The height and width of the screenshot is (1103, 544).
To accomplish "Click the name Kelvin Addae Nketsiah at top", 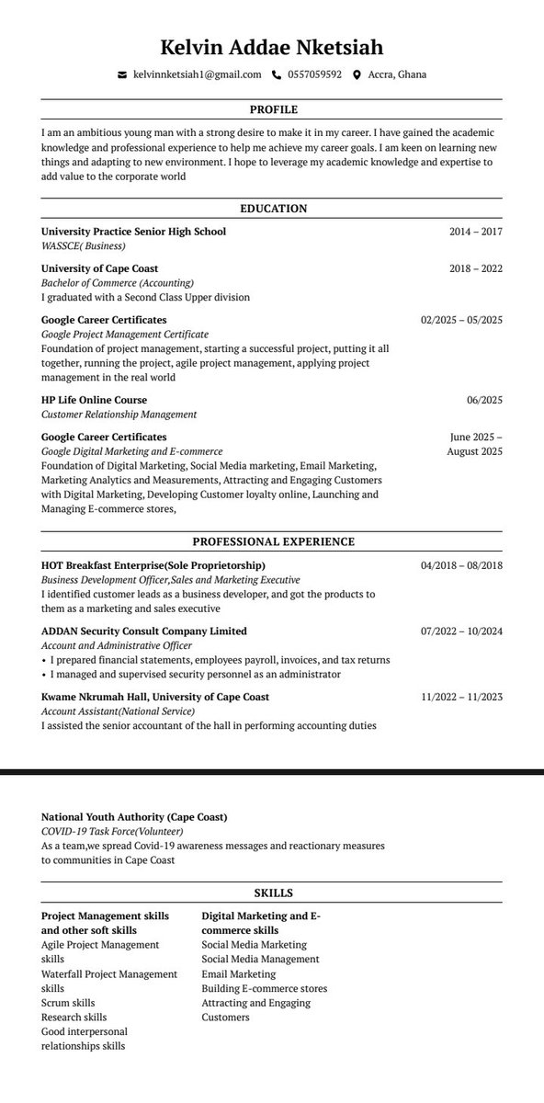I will point(272,47).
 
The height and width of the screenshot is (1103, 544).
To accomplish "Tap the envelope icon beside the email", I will point(122,75).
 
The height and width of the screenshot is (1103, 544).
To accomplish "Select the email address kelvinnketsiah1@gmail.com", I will point(197,75).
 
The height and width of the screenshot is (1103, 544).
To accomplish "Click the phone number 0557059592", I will point(314,75).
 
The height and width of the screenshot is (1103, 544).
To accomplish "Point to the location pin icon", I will point(357,75).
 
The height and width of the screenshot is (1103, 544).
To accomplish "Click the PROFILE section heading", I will point(272,109).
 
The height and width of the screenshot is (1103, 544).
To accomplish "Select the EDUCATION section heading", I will point(272,209).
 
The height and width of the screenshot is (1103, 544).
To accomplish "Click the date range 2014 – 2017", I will point(475,232).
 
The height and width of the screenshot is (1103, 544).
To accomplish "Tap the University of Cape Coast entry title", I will point(99,268).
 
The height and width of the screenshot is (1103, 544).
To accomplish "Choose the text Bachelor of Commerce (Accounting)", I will point(118,283).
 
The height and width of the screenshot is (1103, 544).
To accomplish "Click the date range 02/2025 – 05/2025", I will point(461,320).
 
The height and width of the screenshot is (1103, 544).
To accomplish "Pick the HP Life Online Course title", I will point(94,400).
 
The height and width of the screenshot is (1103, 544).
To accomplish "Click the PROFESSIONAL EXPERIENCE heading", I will point(272,542).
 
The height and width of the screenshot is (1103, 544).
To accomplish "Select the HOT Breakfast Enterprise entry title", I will point(153,565).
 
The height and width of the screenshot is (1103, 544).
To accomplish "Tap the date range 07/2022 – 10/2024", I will point(461,631).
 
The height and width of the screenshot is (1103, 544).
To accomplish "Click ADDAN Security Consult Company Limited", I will point(144,631).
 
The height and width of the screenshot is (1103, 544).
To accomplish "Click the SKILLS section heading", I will point(272,893).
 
